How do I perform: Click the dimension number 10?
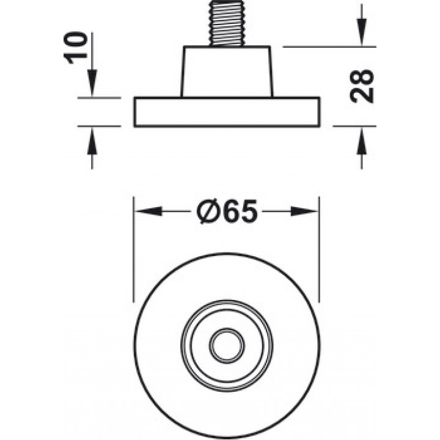point(76,48)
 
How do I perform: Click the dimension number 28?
point(362,86)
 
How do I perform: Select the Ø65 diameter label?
point(227,211)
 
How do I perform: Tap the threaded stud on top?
point(226,23)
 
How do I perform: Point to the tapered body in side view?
point(227,71)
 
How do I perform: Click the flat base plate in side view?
point(227,112)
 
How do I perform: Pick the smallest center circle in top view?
point(227,345)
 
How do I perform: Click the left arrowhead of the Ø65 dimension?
point(148,211)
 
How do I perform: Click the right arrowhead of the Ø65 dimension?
point(304,211)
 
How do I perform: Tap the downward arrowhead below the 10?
point(92,82)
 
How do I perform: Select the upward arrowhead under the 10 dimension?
point(92,141)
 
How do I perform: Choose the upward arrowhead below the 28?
point(361,141)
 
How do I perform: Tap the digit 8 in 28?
point(362,77)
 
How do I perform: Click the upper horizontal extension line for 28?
point(329,46)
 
